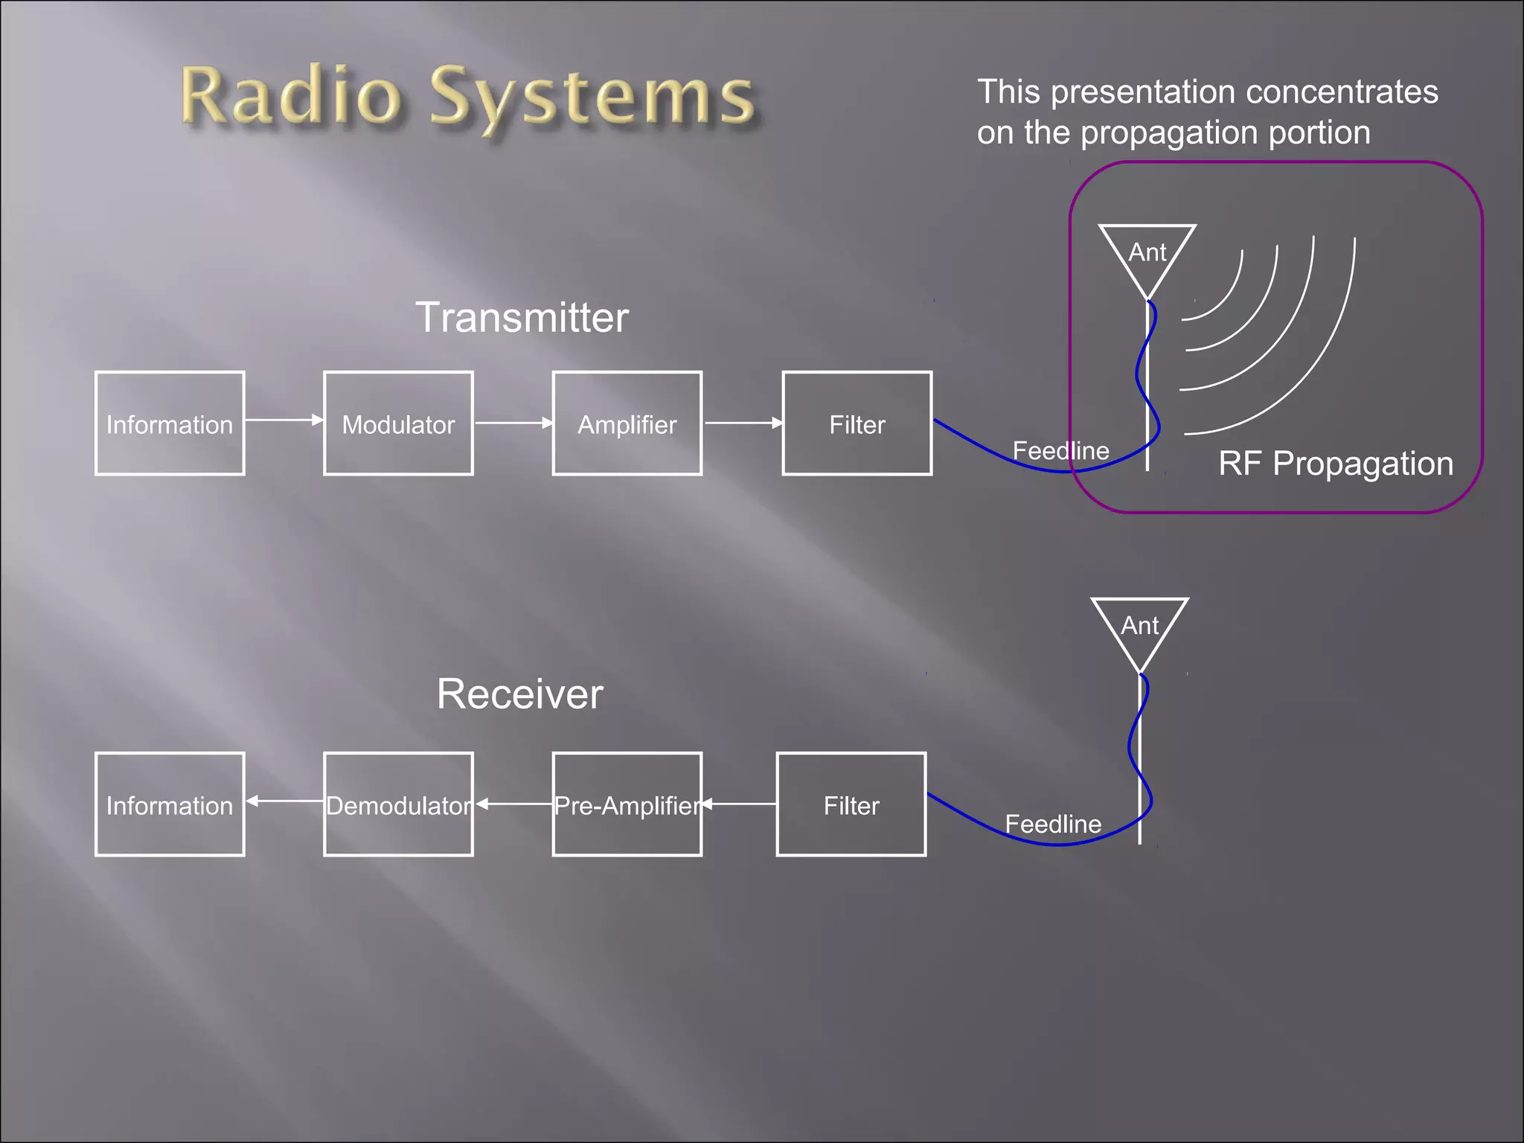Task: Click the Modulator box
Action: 398,423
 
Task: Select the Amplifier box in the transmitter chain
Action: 627,423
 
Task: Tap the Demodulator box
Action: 398,804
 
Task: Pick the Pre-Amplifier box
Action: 627,804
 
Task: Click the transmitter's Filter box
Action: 857,423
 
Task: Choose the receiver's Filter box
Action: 851,804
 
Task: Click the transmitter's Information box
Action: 170,423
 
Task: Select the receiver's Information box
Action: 170,804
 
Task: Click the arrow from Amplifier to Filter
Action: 743,423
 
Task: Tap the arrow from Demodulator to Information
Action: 284,801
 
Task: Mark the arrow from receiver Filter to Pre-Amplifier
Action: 739,804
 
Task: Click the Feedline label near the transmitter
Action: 1060,451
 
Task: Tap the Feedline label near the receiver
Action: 1053,825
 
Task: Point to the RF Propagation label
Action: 1335,464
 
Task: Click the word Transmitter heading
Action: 522,318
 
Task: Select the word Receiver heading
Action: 519,694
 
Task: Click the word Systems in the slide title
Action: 592,98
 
